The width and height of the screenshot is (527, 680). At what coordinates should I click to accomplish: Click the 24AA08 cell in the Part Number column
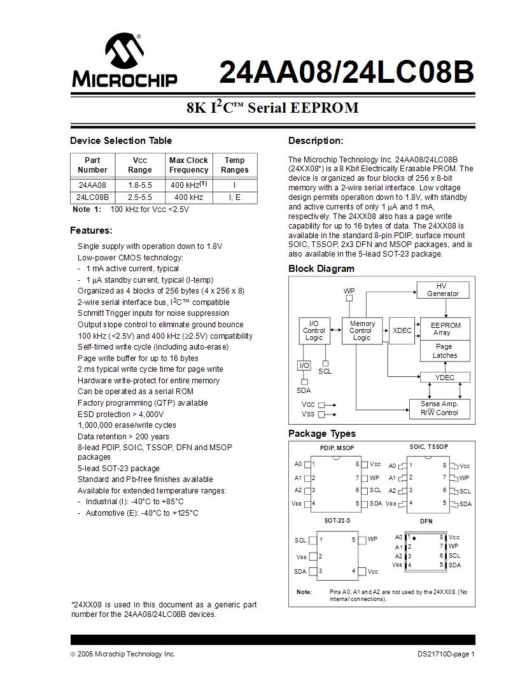pos(92,185)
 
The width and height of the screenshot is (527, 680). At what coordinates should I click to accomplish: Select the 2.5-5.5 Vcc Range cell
pos(139,197)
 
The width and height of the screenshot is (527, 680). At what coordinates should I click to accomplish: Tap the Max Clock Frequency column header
pos(188,165)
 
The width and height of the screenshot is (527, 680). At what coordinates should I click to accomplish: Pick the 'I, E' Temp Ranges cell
pos(234,197)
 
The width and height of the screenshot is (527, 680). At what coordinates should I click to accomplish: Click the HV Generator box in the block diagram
pos(442,290)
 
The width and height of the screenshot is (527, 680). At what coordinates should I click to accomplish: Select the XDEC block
pos(402,330)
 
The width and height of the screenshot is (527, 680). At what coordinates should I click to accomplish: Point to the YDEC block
pos(444,378)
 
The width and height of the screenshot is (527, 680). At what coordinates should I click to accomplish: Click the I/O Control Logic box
pos(314,330)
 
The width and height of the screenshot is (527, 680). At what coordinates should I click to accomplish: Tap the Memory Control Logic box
pos(362,330)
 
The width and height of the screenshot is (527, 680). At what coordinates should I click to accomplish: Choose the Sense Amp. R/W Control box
pos(439,408)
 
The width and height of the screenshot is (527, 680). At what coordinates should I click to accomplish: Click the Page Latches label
pos(444,351)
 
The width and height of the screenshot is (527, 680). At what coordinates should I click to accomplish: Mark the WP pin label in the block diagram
pos(349,291)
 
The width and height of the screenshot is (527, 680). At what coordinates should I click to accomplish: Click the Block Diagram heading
pos(321,269)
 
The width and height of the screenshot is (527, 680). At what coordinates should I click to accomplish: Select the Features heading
pos(91,230)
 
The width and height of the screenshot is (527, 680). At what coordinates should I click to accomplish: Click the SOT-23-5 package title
pos(337,520)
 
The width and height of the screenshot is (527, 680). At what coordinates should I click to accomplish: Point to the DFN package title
pos(426,521)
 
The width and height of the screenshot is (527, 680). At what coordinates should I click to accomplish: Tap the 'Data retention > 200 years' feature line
pos(123,436)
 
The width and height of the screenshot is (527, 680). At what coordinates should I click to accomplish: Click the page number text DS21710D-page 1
pos(446,654)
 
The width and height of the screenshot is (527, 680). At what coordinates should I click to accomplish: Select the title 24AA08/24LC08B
pos(346,73)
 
